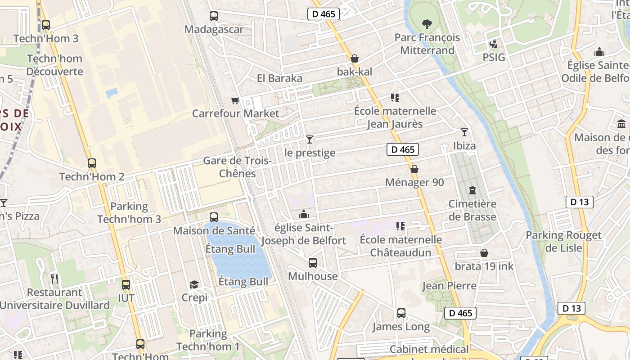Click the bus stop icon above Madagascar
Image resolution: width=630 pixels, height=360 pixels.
(214, 16)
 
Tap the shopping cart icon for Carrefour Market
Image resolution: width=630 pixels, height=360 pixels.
(234, 100)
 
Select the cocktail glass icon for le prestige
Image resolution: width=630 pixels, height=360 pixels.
(310, 139)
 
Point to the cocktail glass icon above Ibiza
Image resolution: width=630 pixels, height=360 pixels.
(464, 132)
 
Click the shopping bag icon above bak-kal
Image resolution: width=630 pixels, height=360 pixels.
(355, 58)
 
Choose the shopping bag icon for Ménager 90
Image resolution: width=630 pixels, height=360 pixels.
(414, 169)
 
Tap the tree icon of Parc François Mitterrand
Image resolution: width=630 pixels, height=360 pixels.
(427, 24)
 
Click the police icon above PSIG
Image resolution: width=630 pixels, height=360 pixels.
(494, 44)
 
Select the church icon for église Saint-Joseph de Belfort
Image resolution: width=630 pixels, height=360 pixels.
(304, 214)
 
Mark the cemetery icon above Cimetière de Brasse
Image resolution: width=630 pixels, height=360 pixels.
(472, 190)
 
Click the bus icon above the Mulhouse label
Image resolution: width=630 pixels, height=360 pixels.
(313, 263)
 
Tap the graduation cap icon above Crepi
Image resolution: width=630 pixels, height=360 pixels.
(194, 284)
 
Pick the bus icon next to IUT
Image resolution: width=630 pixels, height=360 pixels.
(126, 284)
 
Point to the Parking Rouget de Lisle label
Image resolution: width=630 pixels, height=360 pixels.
(563, 241)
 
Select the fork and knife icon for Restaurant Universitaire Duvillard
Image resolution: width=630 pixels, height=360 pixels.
(54, 279)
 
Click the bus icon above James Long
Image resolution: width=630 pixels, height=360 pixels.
(401, 313)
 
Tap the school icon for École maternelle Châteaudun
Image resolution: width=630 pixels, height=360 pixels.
(400, 226)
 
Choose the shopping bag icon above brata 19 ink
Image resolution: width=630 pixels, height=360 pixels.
(484, 253)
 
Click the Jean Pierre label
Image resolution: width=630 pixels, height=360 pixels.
(449, 286)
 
